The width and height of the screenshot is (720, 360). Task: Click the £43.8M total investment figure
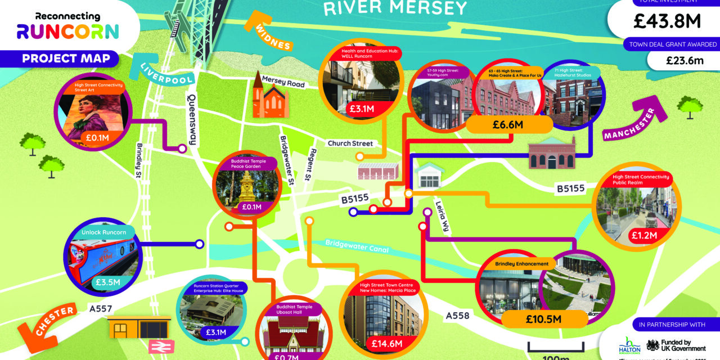[x=667, y=22]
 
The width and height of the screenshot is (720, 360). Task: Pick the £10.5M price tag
[x=544, y=319]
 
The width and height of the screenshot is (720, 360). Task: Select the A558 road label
[x=457, y=316]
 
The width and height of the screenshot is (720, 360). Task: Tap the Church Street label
[x=350, y=143]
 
